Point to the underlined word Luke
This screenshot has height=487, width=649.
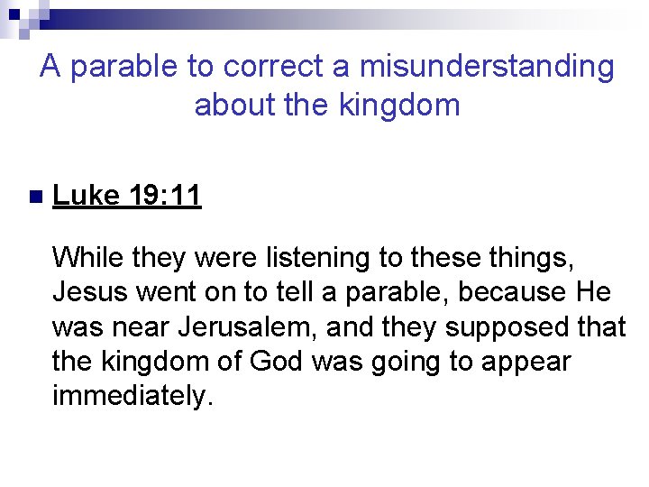click(x=86, y=195)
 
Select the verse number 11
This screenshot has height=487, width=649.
click(x=185, y=195)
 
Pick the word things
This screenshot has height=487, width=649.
click(x=524, y=258)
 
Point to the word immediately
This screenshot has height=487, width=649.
click(x=133, y=395)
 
